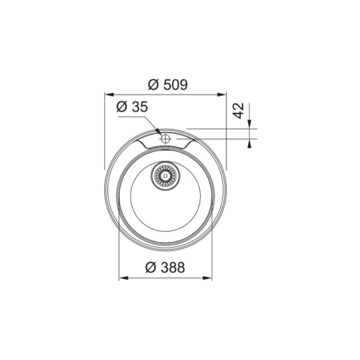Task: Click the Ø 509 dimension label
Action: pyautogui.click(x=168, y=84)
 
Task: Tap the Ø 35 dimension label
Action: pyautogui.click(x=132, y=107)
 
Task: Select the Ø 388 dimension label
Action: pyautogui.click(x=165, y=267)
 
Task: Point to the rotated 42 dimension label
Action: pyautogui.click(x=238, y=110)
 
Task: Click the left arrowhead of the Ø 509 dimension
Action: pyautogui.click(x=109, y=94)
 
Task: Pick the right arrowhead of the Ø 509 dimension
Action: pyautogui.click(x=222, y=94)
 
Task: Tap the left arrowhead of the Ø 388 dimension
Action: pyautogui.click(x=123, y=278)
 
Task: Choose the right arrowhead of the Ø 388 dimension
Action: pyautogui.click(x=207, y=278)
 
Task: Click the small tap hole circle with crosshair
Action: pyautogui.click(x=165, y=138)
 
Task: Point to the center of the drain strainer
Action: pyautogui.click(x=165, y=176)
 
